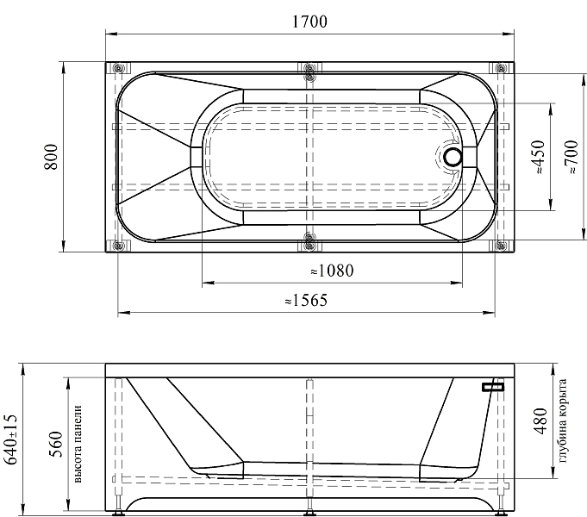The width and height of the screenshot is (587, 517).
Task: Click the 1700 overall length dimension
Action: click(x=309, y=22)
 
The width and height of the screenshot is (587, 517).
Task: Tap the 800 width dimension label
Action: click(x=52, y=157)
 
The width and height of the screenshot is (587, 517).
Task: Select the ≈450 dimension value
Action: click(x=538, y=157)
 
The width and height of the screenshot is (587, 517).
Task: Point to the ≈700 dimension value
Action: click(x=571, y=157)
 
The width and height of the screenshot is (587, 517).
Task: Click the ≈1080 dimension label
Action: click(x=332, y=271)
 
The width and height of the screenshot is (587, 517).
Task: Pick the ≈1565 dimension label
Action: click(x=306, y=300)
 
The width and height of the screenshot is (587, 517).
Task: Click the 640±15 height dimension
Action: click(x=10, y=439)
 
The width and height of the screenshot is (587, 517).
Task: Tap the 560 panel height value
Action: click(x=56, y=445)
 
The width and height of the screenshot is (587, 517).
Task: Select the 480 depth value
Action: click(x=540, y=421)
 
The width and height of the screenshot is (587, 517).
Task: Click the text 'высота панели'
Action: click(x=78, y=444)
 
